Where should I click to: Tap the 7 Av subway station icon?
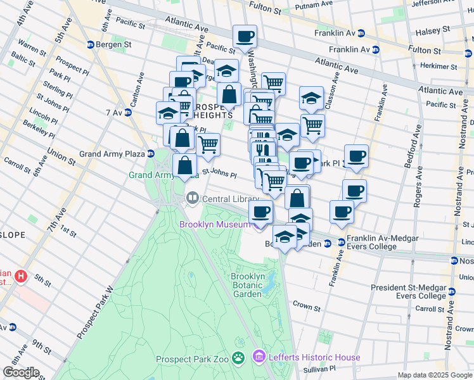click(x=127, y=112)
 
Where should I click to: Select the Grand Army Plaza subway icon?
click(x=151, y=153)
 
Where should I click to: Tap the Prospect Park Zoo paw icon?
click(x=238, y=358)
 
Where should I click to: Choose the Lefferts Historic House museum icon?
click(x=259, y=358)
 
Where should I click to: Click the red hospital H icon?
click(x=21, y=276)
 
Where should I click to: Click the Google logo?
click(x=21, y=372)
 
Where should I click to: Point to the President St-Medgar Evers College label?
click(x=409, y=291)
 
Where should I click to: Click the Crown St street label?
click(x=307, y=306)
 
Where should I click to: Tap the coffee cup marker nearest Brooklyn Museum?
click(x=260, y=213)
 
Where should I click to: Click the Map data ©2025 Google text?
click(x=434, y=375)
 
